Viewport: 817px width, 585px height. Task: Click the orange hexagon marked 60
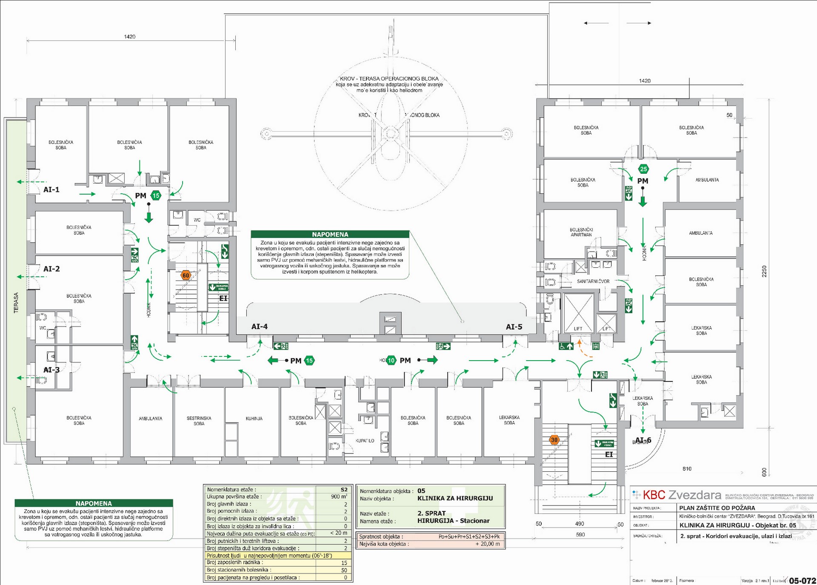[186, 275]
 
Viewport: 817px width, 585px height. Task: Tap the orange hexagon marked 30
[554, 440]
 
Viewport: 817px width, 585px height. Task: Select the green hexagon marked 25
[643, 169]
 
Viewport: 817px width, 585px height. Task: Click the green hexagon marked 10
[391, 360]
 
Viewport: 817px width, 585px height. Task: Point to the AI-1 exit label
[51, 189]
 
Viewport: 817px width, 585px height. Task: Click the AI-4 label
[260, 327]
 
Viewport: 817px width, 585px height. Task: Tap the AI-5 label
[514, 327]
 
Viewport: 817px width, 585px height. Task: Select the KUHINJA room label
[254, 419]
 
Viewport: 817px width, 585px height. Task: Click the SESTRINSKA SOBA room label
[199, 421]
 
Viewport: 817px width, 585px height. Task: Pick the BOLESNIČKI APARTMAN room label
[581, 232]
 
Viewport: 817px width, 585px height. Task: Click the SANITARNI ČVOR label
[593, 281]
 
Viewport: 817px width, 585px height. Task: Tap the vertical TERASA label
[16, 302]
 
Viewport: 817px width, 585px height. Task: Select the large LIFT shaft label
[578, 329]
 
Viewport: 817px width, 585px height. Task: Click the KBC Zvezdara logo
[677, 495]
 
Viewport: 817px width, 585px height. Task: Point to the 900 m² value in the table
[339, 496]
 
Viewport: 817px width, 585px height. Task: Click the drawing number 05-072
[802, 581]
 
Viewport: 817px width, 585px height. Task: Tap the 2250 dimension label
[764, 271]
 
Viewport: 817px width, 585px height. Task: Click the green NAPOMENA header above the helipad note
[330, 234]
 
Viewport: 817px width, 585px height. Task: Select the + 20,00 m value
[488, 544]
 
